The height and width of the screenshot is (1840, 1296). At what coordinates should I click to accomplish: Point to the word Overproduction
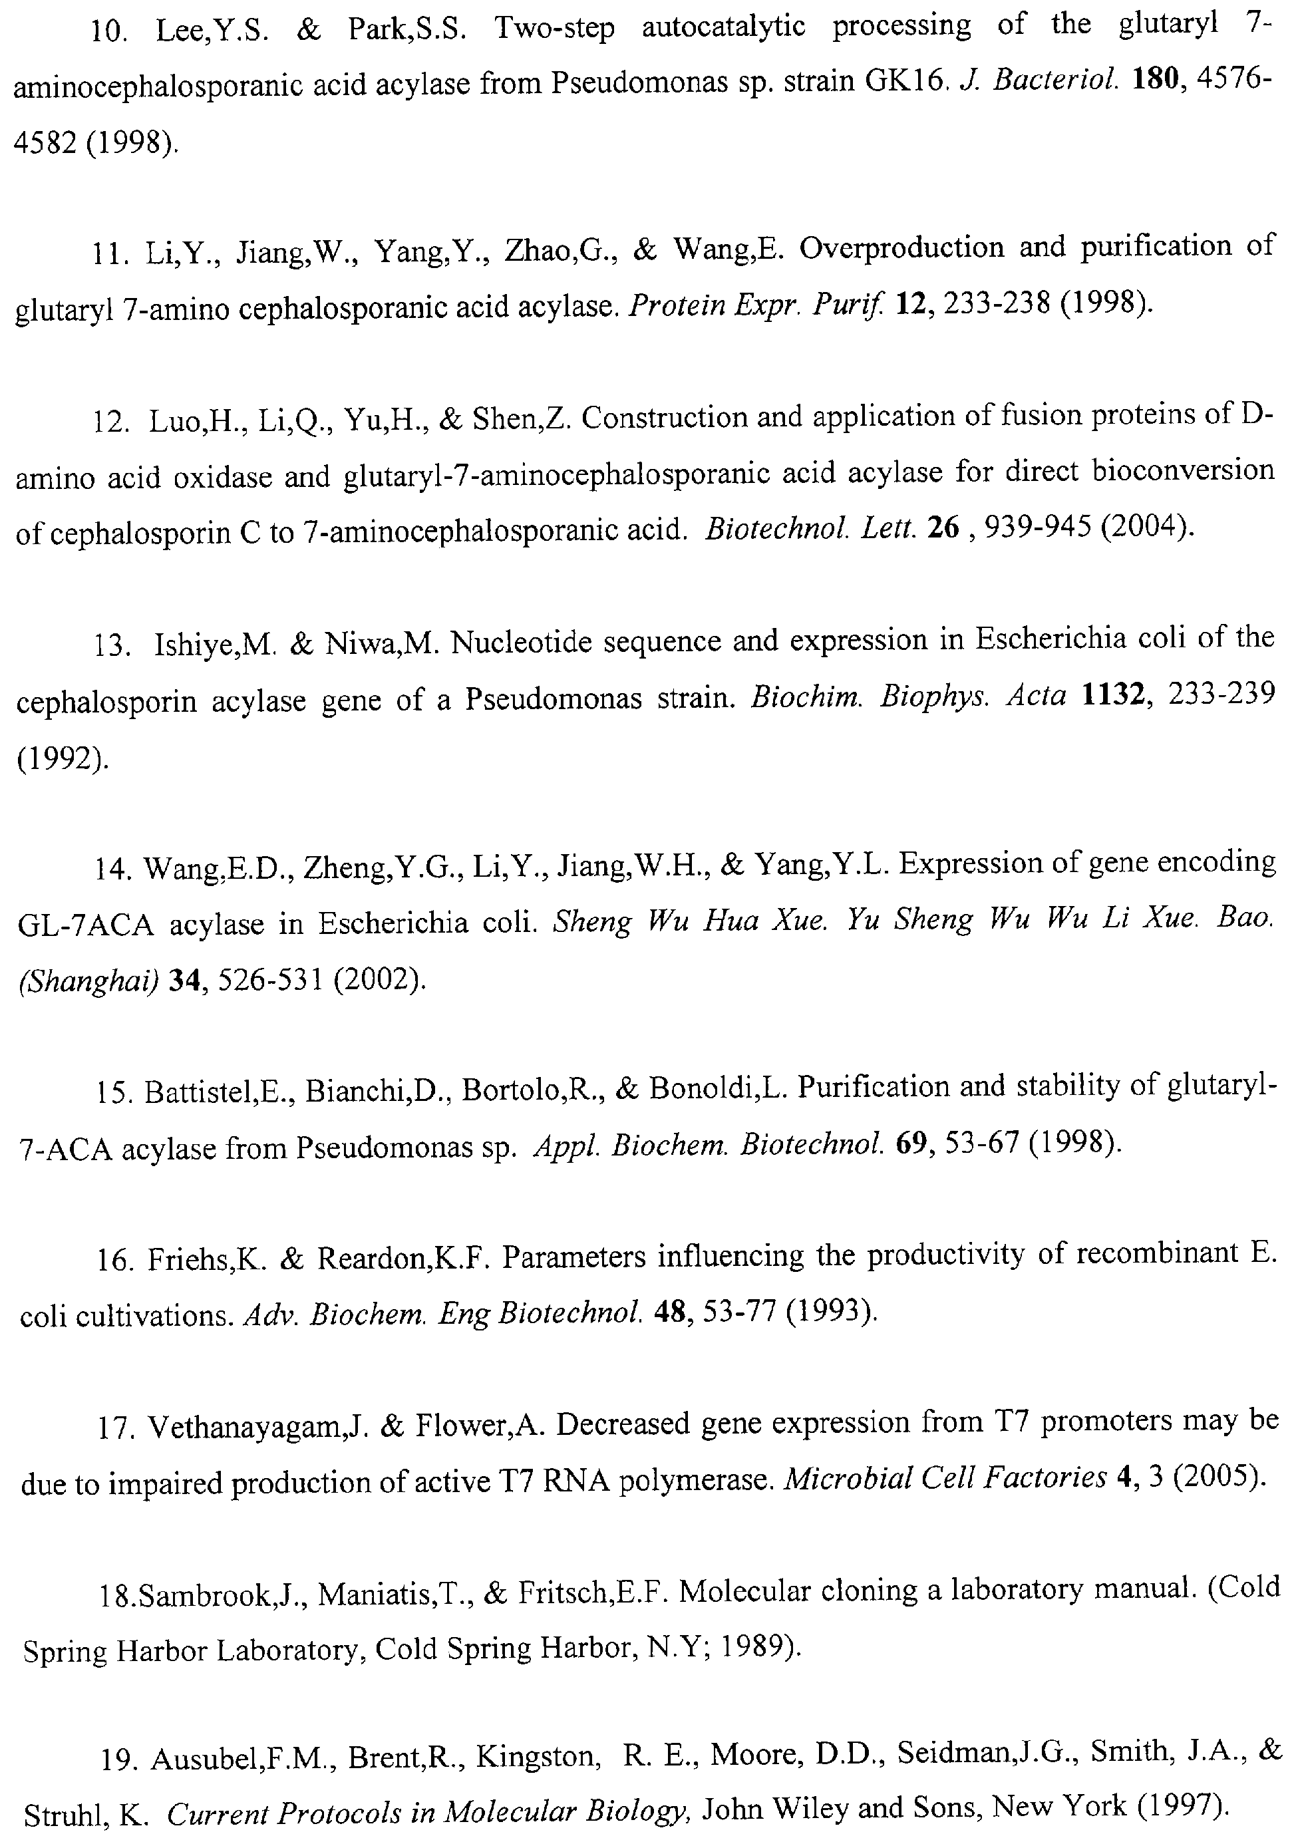[901, 247]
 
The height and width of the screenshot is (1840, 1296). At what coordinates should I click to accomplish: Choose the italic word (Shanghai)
[89, 981]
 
